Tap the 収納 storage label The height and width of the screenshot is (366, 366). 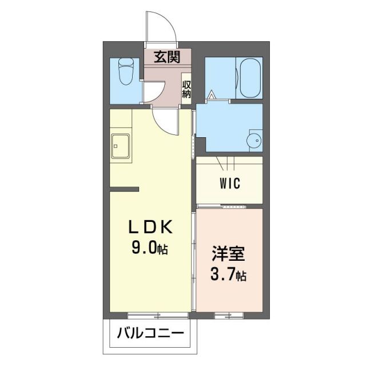click(x=186, y=90)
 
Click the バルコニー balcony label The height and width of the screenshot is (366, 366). click(x=151, y=333)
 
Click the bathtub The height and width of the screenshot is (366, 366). click(x=250, y=77)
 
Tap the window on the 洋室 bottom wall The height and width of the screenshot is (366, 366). click(x=230, y=315)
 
